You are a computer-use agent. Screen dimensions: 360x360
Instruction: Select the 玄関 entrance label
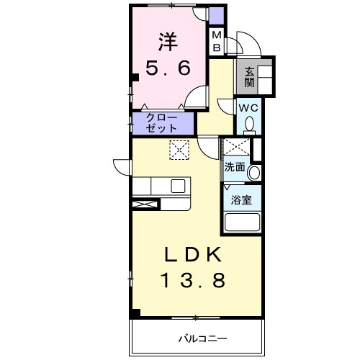[248, 77]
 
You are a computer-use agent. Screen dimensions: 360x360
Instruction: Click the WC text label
[249, 109]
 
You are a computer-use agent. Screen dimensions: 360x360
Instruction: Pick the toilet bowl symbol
[249, 125]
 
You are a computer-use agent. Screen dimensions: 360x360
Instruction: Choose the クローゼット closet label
[162, 123]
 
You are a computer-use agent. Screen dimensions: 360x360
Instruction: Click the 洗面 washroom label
[234, 167]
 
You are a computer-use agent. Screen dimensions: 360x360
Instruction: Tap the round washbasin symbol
[253, 171]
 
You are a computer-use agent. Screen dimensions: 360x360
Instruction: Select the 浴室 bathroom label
[240, 199]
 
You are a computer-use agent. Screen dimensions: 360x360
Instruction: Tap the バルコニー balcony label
[203, 337]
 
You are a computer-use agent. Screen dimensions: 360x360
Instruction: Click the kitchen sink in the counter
[177, 186]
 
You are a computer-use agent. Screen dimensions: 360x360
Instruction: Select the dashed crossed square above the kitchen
[179, 149]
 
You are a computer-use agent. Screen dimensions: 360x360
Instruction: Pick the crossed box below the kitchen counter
[145, 204]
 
